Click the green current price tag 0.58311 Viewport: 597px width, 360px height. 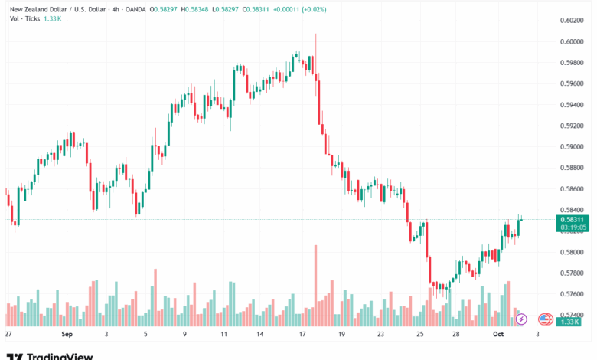pyautogui.click(x=573, y=219)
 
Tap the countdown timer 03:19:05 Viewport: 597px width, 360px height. pyautogui.click(x=573, y=227)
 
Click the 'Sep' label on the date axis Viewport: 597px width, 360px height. pyautogui.click(x=67, y=335)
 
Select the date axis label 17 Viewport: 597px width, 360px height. pyautogui.click(x=302, y=335)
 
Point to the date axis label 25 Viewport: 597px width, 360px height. pyautogui.click(x=420, y=335)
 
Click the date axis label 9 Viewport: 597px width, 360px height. pyautogui.click(x=184, y=335)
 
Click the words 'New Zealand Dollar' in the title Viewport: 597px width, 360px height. pyautogui.click(x=38, y=8)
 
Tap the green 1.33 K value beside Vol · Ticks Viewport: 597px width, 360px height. pyautogui.click(x=53, y=18)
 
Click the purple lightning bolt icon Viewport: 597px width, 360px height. pyautogui.click(x=521, y=319)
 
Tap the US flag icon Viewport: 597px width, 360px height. pyautogui.click(x=546, y=319)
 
